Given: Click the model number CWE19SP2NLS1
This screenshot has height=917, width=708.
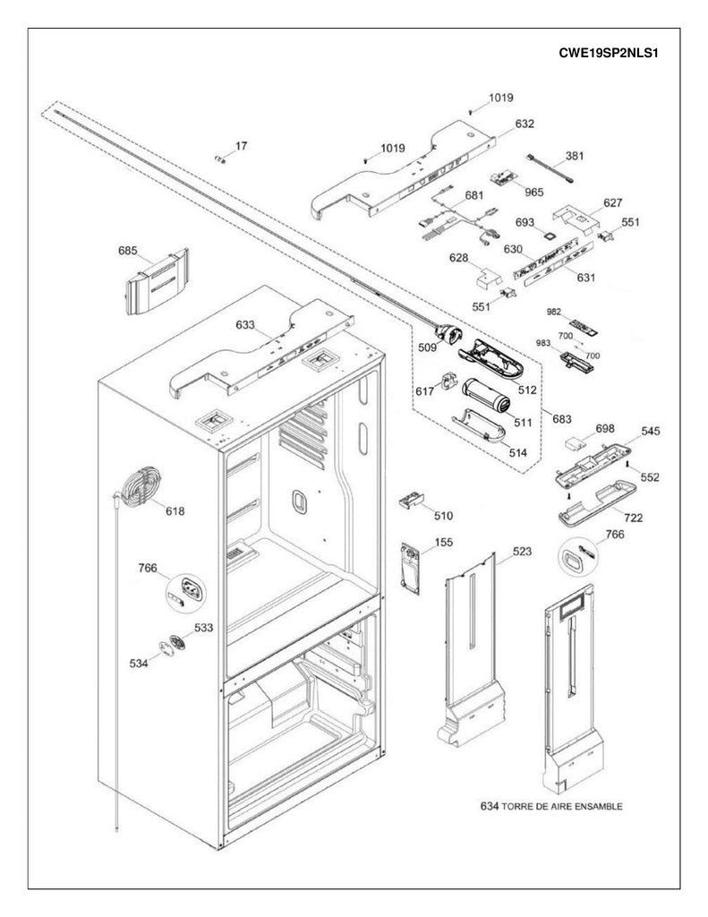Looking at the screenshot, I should coord(608,52).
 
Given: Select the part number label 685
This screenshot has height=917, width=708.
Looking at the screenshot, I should coord(128,252).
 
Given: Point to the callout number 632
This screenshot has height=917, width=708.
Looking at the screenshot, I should coord(525,124).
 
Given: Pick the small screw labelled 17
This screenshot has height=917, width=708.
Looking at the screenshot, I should coord(219,159).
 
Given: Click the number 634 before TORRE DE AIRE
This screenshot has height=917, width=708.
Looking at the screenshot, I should coord(488,805).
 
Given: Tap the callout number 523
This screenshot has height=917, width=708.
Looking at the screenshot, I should coord(508,554).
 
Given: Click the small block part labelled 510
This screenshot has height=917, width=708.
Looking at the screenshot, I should coord(412,501).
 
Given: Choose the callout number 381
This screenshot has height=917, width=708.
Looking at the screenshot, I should coord(574,155).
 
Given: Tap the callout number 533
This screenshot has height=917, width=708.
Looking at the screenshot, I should coord(204,628).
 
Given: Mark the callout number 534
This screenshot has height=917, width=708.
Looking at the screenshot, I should coord(140,664).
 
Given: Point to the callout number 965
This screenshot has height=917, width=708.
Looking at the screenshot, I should coord(533,192).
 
